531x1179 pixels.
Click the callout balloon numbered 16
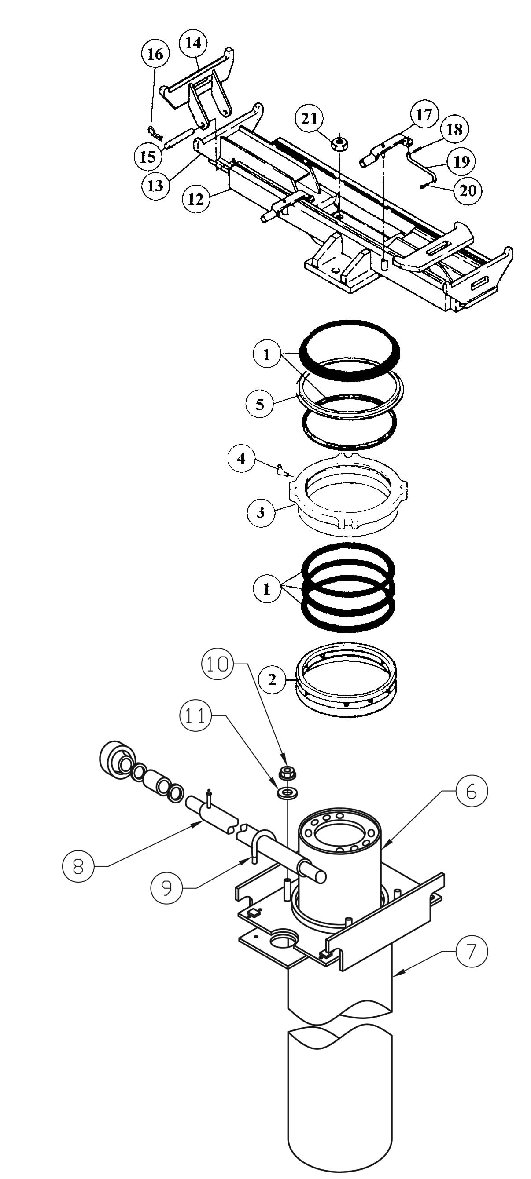[x=155, y=55]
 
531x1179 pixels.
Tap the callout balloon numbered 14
[x=193, y=44]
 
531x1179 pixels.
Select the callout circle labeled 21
[x=309, y=119]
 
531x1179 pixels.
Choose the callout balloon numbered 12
[x=195, y=200]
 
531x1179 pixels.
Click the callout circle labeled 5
[x=260, y=405]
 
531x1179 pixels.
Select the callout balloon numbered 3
[x=260, y=512]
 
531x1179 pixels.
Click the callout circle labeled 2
[x=272, y=680]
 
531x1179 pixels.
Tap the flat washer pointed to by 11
[x=287, y=793]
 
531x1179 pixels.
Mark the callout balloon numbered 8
[x=78, y=865]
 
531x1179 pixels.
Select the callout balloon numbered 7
[x=472, y=952]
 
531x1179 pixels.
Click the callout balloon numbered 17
[x=424, y=114]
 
